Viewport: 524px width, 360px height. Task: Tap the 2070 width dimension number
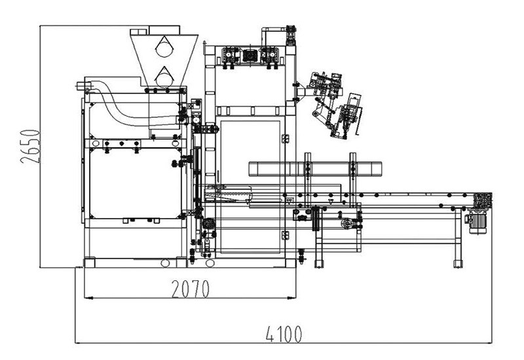click(x=190, y=289)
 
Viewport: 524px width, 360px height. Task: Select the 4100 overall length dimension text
click(x=284, y=334)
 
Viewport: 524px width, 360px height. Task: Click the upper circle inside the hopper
click(x=163, y=46)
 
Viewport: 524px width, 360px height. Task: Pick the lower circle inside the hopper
click(x=163, y=76)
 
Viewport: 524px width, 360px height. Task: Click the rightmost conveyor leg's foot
click(x=457, y=264)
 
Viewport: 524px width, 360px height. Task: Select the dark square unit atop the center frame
click(x=250, y=55)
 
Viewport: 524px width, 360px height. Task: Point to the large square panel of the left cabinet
click(x=134, y=183)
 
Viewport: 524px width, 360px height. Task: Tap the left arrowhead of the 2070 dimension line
click(x=86, y=298)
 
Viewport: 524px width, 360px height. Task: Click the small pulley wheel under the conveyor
click(x=346, y=224)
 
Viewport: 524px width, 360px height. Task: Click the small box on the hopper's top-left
click(x=139, y=31)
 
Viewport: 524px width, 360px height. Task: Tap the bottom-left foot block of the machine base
click(x=89, y=262)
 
